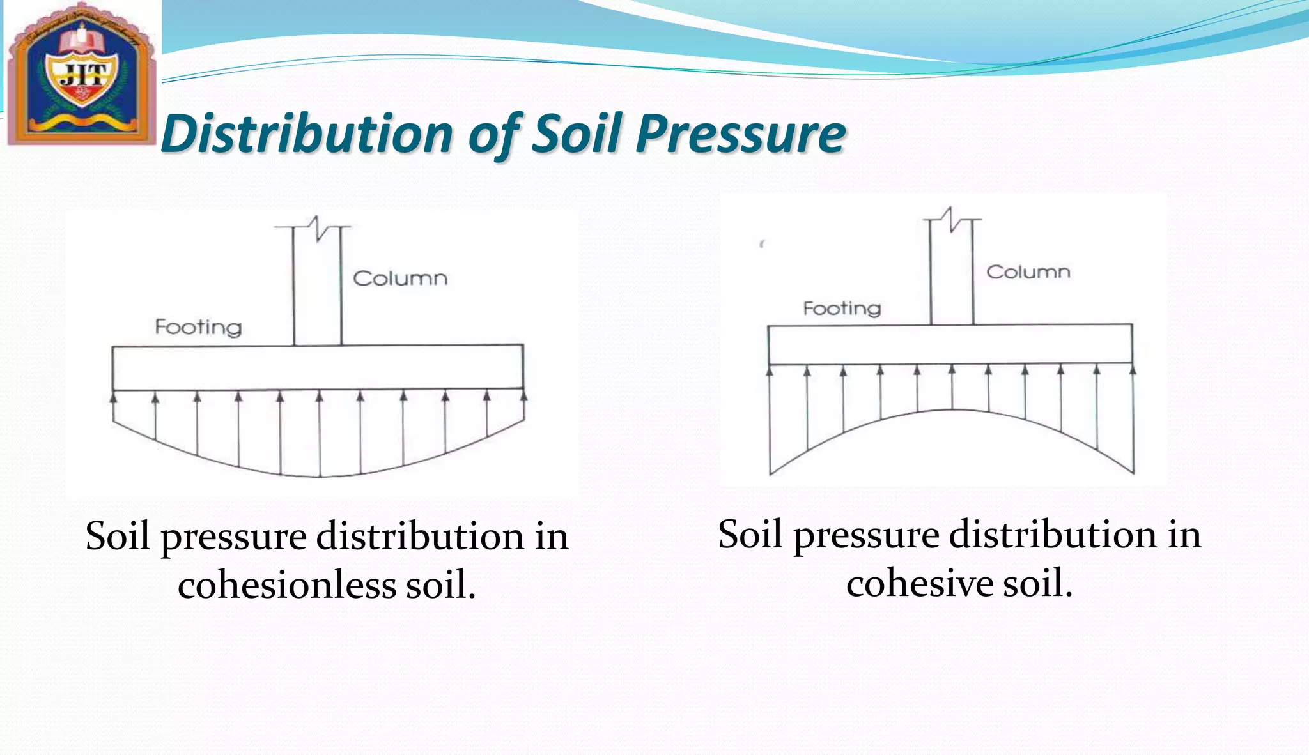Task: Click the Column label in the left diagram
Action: coord(400,278)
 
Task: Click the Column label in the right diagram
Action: coord(1028,272)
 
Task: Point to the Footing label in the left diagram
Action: coord(198,328)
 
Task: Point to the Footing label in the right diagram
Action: coord(842,309)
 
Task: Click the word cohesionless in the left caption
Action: coord(287,584)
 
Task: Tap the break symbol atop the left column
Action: coord(316,228)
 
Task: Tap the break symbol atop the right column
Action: coord(952,220)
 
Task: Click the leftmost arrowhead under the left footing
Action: coord(114,397)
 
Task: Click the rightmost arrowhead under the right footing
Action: coord(1133,369)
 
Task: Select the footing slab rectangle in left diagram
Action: coord(318,367)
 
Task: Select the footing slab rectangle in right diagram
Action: coord(950,344)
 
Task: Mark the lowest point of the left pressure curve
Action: coord(320,477)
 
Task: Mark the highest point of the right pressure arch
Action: coord(952,409)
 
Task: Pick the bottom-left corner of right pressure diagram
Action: coord(770,474)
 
